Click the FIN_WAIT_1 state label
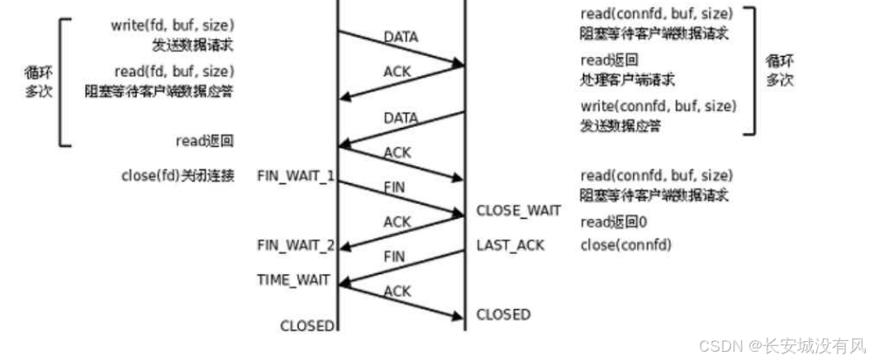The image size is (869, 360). [x=296, y=175]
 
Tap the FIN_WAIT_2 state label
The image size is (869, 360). [x=296, y=245]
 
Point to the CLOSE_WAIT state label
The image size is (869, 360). [x=518, y=211]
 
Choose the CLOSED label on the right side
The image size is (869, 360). [x=503, y=315]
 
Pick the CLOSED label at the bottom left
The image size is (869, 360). [x=307, y=325]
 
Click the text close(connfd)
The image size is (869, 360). [x=626, y=245]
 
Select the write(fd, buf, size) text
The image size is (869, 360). [x=172, y=25]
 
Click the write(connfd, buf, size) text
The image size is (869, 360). [x=658, y=107]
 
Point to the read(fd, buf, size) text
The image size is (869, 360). [x=173, y=72]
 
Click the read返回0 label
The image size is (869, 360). [x=613, y=222]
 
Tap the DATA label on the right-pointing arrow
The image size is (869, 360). [x=401, y=37]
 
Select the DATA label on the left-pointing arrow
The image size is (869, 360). [x=401, y=118]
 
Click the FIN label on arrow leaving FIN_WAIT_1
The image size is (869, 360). [x=395, y=187]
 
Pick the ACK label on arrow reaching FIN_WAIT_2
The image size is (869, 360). [x=397, y=221]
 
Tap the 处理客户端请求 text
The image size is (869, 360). [x=627, y=80]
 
